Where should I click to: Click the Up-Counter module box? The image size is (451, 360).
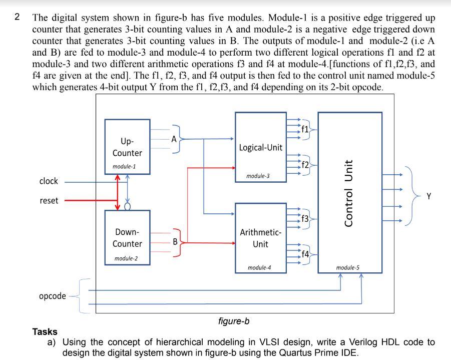[128, 147]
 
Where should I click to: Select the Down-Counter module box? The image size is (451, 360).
[128, 237]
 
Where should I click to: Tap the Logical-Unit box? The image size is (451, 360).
[261, 147]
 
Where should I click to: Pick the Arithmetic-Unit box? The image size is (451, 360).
[261, 238]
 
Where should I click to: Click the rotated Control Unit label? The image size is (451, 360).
[348, 193]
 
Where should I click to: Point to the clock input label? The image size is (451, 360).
[49, 181]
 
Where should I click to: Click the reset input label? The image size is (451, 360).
[49, 200]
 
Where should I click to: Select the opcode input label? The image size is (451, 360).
[53, 296]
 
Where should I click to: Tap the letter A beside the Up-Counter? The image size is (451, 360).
[174, 139]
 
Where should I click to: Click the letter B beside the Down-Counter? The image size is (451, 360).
[175, 242]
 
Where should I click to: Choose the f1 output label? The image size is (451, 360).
[305, 129]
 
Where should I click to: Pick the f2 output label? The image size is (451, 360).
[305, 165]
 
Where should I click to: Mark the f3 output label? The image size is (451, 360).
[305, 219]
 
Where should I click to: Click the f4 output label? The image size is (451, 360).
[305, 254]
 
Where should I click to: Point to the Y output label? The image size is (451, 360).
[429, 196]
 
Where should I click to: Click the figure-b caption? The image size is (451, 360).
[234, 321]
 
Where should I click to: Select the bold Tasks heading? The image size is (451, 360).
[45, 332]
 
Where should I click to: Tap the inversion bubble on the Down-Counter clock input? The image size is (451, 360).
[128, 206]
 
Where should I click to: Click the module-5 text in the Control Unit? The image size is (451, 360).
[348, 268]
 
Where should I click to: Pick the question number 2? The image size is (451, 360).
[17, 17]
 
